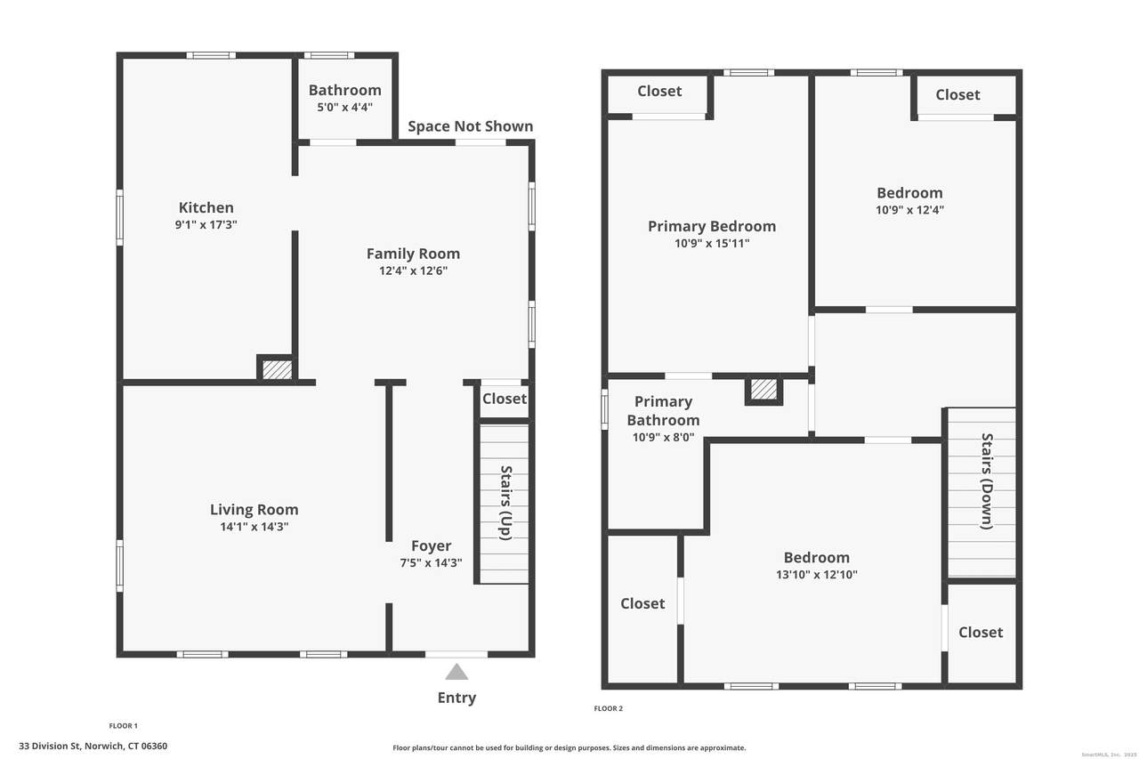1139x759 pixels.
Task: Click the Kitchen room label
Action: coord(206,207)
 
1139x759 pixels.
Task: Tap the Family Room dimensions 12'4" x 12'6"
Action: coord(414,270)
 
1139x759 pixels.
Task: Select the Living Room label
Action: coord(254,509)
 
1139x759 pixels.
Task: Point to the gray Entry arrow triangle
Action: coord(456,672)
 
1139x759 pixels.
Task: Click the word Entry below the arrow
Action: coord(456,698)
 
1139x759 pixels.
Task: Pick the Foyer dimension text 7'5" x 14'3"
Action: coord(432,562)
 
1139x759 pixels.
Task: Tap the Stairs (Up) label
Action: coord(505,503)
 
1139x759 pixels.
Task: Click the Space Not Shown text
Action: coord(471,126)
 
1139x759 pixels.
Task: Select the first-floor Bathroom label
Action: coord(344,90)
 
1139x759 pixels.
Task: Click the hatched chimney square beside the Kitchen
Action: coord(277,369)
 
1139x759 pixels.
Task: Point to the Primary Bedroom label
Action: coord(712,226)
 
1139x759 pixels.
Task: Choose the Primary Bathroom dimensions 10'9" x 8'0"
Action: coord(663,437)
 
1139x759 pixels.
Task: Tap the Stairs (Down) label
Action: coord(987,481)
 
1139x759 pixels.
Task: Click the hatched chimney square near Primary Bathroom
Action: coord(763,390)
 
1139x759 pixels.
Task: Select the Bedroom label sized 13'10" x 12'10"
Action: coord(817,558)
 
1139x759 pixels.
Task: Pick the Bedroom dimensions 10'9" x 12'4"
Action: coord(909,209)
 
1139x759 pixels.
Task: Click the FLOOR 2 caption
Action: coord(608,708)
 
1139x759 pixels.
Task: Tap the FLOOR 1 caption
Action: coord(123,725)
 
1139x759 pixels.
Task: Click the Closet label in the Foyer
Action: coord(505,399)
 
